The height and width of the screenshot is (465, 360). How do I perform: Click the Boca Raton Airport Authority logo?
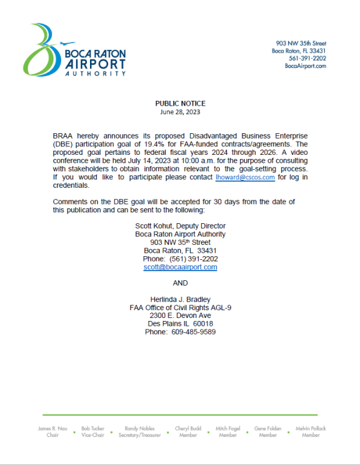75,50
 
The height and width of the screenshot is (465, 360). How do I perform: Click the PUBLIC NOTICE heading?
180,104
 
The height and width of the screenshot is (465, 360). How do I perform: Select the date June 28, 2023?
180,112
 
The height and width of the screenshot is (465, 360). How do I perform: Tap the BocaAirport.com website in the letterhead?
305,66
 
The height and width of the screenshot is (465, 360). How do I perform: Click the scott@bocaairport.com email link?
180,268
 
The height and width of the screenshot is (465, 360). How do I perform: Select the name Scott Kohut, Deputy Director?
180,226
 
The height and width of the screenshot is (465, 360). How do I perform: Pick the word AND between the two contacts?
180,283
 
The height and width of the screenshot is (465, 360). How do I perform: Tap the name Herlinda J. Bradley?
180,299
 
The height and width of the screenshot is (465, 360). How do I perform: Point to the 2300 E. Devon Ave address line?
180,316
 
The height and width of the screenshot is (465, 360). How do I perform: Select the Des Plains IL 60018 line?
180,324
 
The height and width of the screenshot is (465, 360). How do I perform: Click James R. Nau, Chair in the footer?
53,432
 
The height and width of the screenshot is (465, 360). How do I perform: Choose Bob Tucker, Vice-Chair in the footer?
94,432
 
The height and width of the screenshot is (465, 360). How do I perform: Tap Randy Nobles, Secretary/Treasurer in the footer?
139,432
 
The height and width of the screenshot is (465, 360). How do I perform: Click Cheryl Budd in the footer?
188,432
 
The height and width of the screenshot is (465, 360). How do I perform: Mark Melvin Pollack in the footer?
311,432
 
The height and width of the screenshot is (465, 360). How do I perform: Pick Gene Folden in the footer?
268,432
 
